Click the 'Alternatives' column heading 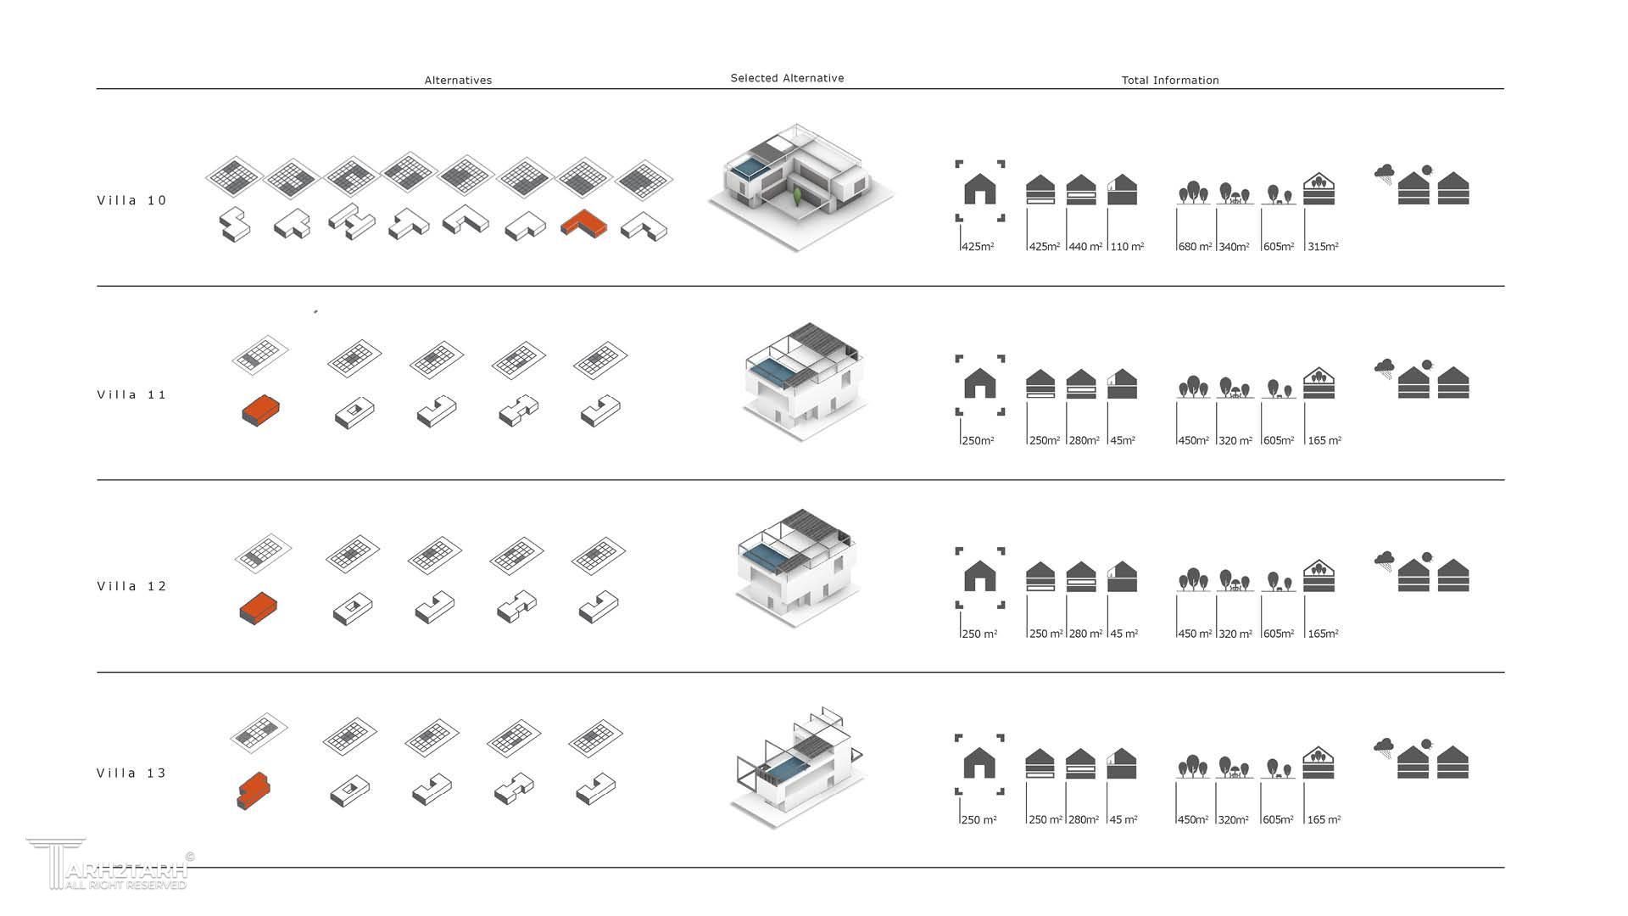458,81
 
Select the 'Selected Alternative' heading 787,78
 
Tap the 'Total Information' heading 1170,81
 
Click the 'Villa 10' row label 132,201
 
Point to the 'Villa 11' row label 132,395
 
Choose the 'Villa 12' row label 132,587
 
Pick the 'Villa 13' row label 132,774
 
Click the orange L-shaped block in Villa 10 584,224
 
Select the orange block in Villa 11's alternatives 261,411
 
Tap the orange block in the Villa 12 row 259,607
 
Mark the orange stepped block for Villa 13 254,790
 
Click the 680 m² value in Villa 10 1195,247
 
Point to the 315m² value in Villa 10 1323,247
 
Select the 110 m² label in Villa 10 1127,247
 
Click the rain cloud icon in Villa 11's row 1385,368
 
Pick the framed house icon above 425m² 980,190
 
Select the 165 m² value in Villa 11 1324,441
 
